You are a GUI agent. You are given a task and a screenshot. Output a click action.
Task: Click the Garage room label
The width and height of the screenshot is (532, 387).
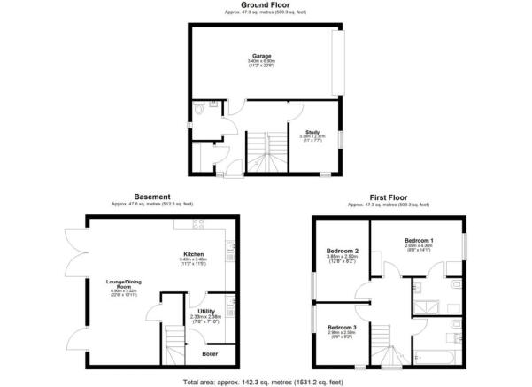pyautogui.click(x=260, y=55)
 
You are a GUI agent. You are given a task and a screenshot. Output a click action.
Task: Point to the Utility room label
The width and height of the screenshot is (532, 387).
pyautogui.click(x=205, y=311)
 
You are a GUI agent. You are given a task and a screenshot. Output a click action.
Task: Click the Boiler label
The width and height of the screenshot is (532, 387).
pyautogui.click(x=210, y=353)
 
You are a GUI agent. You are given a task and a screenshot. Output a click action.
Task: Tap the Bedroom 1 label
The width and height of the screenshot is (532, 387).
pyautogui.click(x=419, y=240)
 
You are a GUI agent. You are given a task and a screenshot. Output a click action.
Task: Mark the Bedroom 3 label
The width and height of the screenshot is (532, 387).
pyautogui.click(x=341, y=327)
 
